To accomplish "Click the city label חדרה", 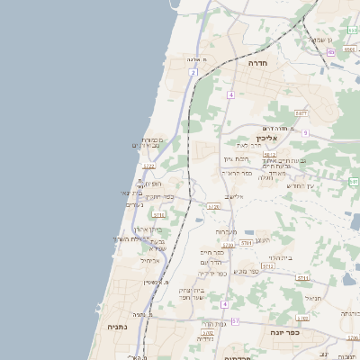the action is pos(261,64).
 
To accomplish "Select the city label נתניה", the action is pos(117,328).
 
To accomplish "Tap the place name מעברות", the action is pos(226,232).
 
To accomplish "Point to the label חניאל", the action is pos(312,298).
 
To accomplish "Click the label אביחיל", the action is pos(150,261).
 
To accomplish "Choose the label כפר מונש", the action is pos(247,270).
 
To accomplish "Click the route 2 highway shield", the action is pos(193,73).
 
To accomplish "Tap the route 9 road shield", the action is pos(305,133).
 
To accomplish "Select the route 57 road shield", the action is pos(235,320).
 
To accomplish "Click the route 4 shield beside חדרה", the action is pos(230,94).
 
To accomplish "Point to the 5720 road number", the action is pos(213,207).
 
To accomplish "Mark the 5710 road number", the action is pos(158,215).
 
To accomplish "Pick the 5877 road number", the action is pos(301,113).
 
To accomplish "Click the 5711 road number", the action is pos(302,278).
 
